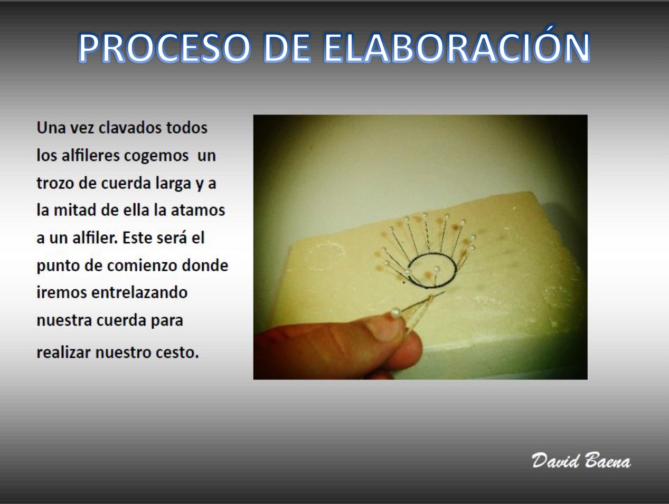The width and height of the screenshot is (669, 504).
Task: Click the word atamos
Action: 198,211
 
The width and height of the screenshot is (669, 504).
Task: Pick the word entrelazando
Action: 139,293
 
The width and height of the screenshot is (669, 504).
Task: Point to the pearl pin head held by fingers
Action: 395,312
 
